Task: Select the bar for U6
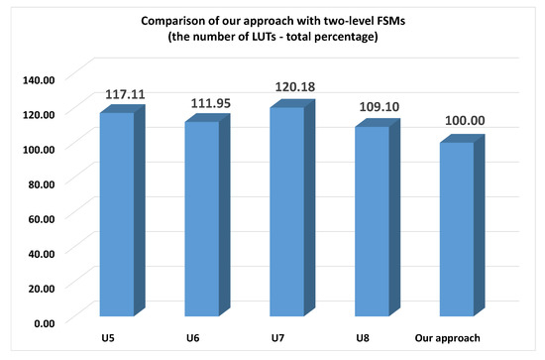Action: point(201,220)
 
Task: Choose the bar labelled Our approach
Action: point(457,231)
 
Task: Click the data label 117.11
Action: point(125,94)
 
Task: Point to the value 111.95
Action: point(210,103)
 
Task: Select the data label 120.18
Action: point(295,88)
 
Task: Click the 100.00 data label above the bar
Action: point(466,124)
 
